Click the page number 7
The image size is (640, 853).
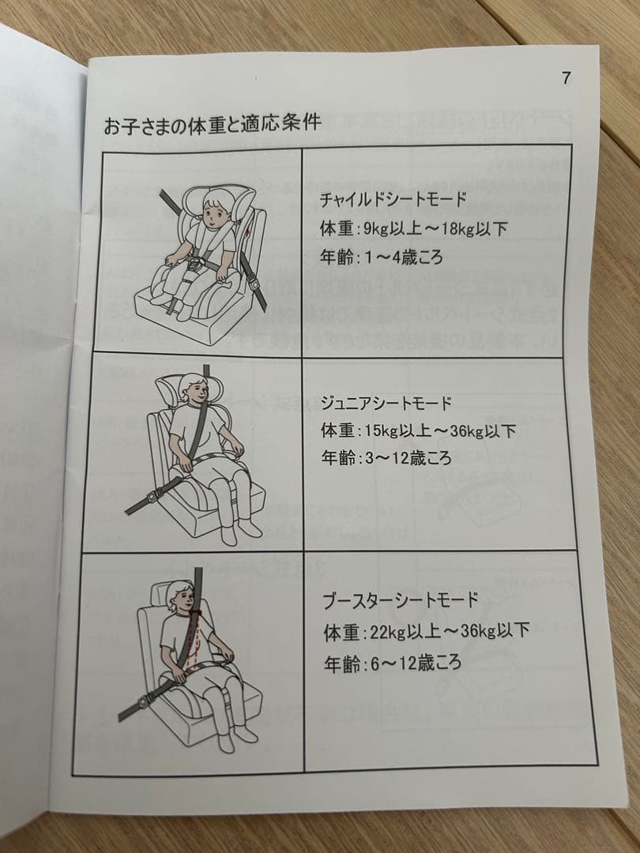coord(567,78)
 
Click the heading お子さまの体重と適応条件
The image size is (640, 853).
coord(213,123)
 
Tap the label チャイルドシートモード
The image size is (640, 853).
coord(393,199)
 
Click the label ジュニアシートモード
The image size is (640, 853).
coord(386,403)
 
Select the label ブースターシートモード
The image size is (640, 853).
coord(401,600)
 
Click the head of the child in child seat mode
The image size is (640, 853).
coord(216,210)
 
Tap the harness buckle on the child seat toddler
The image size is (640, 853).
coord(196,265)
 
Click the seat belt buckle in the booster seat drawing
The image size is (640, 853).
coord(142,704)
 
